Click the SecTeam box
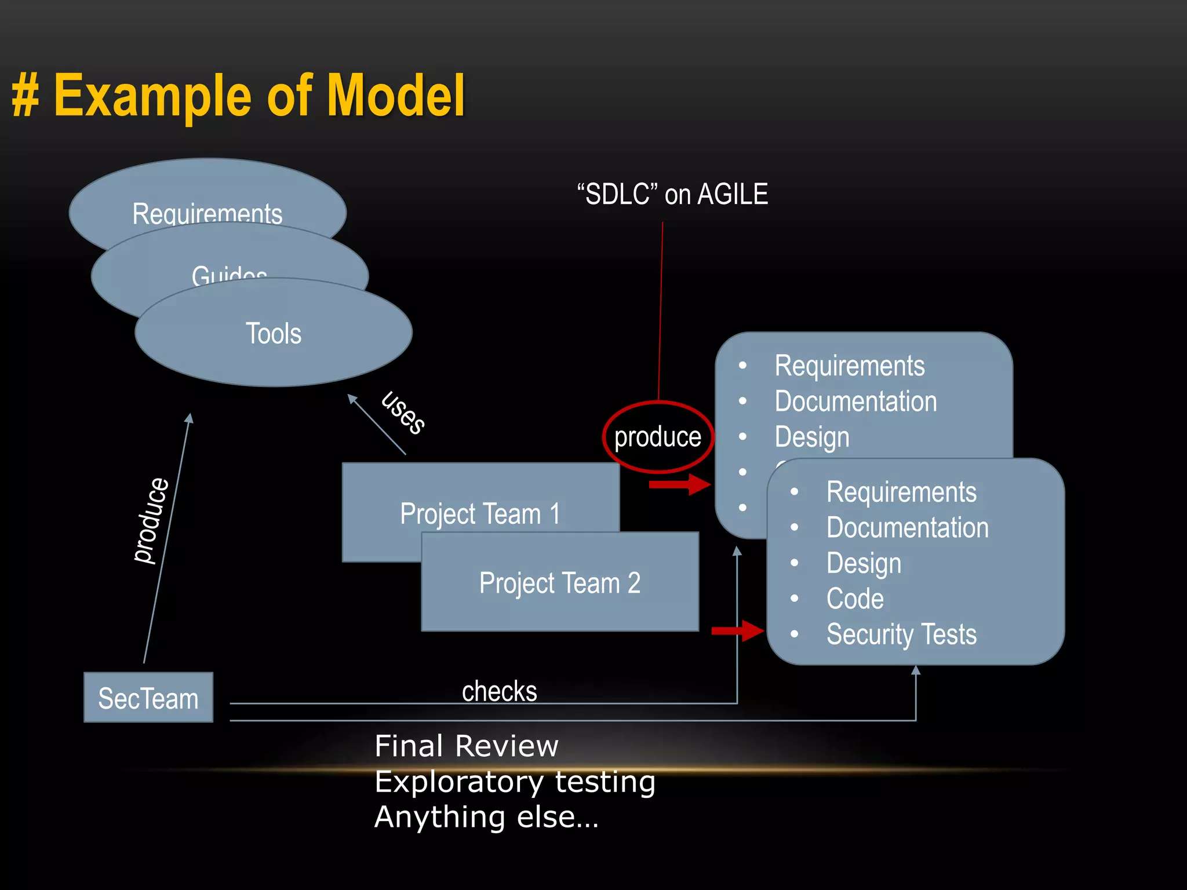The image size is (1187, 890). tap(148, 698)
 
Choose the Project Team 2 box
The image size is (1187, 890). tap(560, 582)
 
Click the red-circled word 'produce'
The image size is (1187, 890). tap(658, 437)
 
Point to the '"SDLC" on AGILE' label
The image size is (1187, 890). tap(672, 194)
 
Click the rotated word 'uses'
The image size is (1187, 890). tap(403, 413)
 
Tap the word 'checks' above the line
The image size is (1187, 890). tap(499, 691)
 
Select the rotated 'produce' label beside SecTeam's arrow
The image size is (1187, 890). tap(151, 520)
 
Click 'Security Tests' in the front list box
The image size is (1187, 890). tap(901, 634)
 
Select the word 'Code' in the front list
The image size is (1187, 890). tap(855, 599)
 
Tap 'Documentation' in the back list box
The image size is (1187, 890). tap(855, 401)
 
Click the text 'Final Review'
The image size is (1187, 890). tap(467, 746)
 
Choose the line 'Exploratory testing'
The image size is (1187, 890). tap(515, 781)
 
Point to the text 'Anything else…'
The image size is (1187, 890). tap(486, 817)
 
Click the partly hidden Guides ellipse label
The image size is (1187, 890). tap(230, 274)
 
